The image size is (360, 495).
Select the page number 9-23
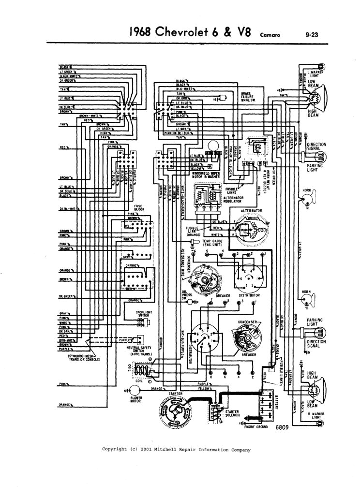coord(315,34)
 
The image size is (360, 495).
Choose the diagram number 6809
coord(282,428)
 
